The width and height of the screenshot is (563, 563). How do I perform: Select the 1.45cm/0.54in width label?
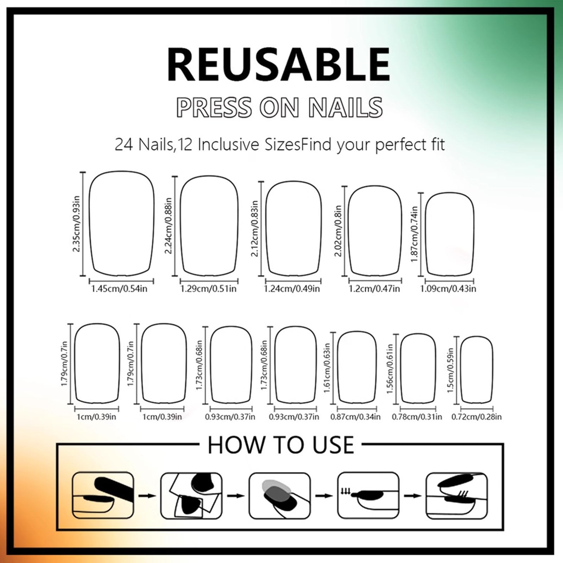pyautogui.click(x=119, y=289)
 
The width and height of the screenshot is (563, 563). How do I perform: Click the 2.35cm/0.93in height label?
pyautogui.click(x=76, y=224)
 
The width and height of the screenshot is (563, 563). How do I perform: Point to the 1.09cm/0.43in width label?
pyautogui.click(x=448, y=289)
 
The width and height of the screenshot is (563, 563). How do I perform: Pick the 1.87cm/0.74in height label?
pyautogui.click(x=414, y=234)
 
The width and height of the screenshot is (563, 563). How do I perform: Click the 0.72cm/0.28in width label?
pyautogui.click(x=477, y=417)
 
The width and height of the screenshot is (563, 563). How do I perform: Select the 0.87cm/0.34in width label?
pyautogui.click(x=355, y=417)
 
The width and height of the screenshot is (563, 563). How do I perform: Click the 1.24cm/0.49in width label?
pyautogui.click(x=292, y=289)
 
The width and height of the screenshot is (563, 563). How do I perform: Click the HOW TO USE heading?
pyautogui.click(x=281, y=445)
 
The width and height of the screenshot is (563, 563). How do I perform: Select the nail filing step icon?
pyautogui.click(x=103, y=495)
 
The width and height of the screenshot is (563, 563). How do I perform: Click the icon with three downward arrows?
pyautogui.click(x=368, y=495)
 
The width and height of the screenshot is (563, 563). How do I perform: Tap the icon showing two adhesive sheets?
pyautogui.click(x=191, y=495)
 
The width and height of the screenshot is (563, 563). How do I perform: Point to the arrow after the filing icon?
pyautogui.click(x=147, y=496)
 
